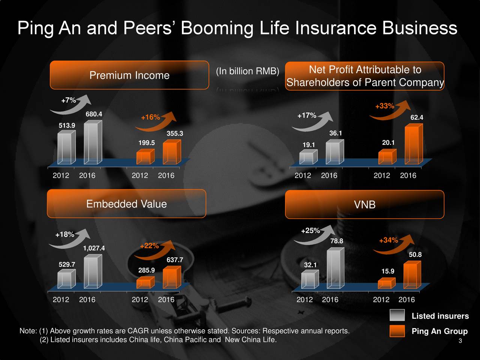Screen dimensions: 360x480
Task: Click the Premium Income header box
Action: [129, 75]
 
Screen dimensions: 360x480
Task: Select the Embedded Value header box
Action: [126, 204]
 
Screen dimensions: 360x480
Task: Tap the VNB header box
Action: [364, 205]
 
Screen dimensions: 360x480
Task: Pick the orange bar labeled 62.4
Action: [414, 145]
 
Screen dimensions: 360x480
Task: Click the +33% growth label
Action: [384, 106]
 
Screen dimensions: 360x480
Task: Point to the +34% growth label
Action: [388, 240]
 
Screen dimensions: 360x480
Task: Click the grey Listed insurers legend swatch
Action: [397, 315]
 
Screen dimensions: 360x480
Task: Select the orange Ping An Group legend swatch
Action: [397, 331]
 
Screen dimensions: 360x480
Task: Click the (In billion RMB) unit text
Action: [247, 71]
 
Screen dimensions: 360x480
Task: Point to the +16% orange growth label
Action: [150, 117]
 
